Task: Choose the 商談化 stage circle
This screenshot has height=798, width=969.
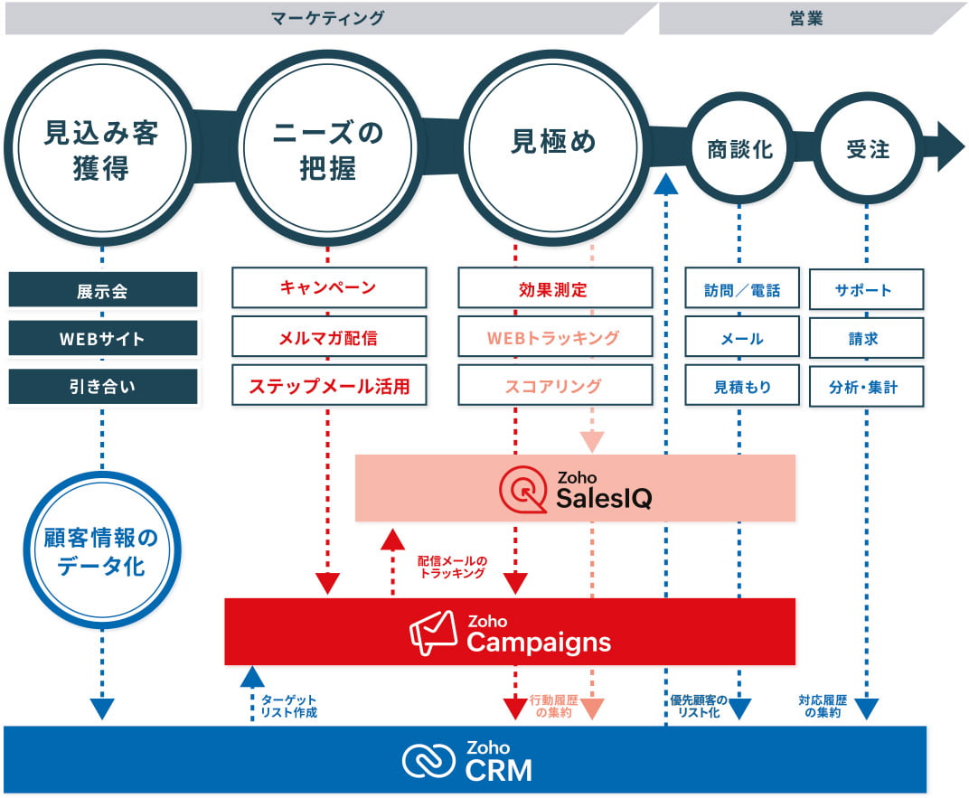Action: [739, 149]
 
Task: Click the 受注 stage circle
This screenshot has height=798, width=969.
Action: [868, 149]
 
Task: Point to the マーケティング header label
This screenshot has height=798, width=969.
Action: [327, 18]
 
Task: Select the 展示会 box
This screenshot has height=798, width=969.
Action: [102, 291]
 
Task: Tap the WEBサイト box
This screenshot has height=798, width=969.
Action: [102, 339]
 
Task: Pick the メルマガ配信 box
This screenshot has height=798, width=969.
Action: [328, 339]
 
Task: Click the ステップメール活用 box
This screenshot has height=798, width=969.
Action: [328, 387]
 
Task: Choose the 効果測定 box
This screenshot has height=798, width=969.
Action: [554, 290]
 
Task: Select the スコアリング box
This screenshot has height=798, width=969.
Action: [554, 387]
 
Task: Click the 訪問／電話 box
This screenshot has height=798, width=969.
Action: [741, 290]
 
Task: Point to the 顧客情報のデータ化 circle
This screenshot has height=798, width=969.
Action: [101, 551]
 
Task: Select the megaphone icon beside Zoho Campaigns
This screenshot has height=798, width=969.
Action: [434, 632]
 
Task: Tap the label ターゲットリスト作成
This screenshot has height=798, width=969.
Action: [288, 706]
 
